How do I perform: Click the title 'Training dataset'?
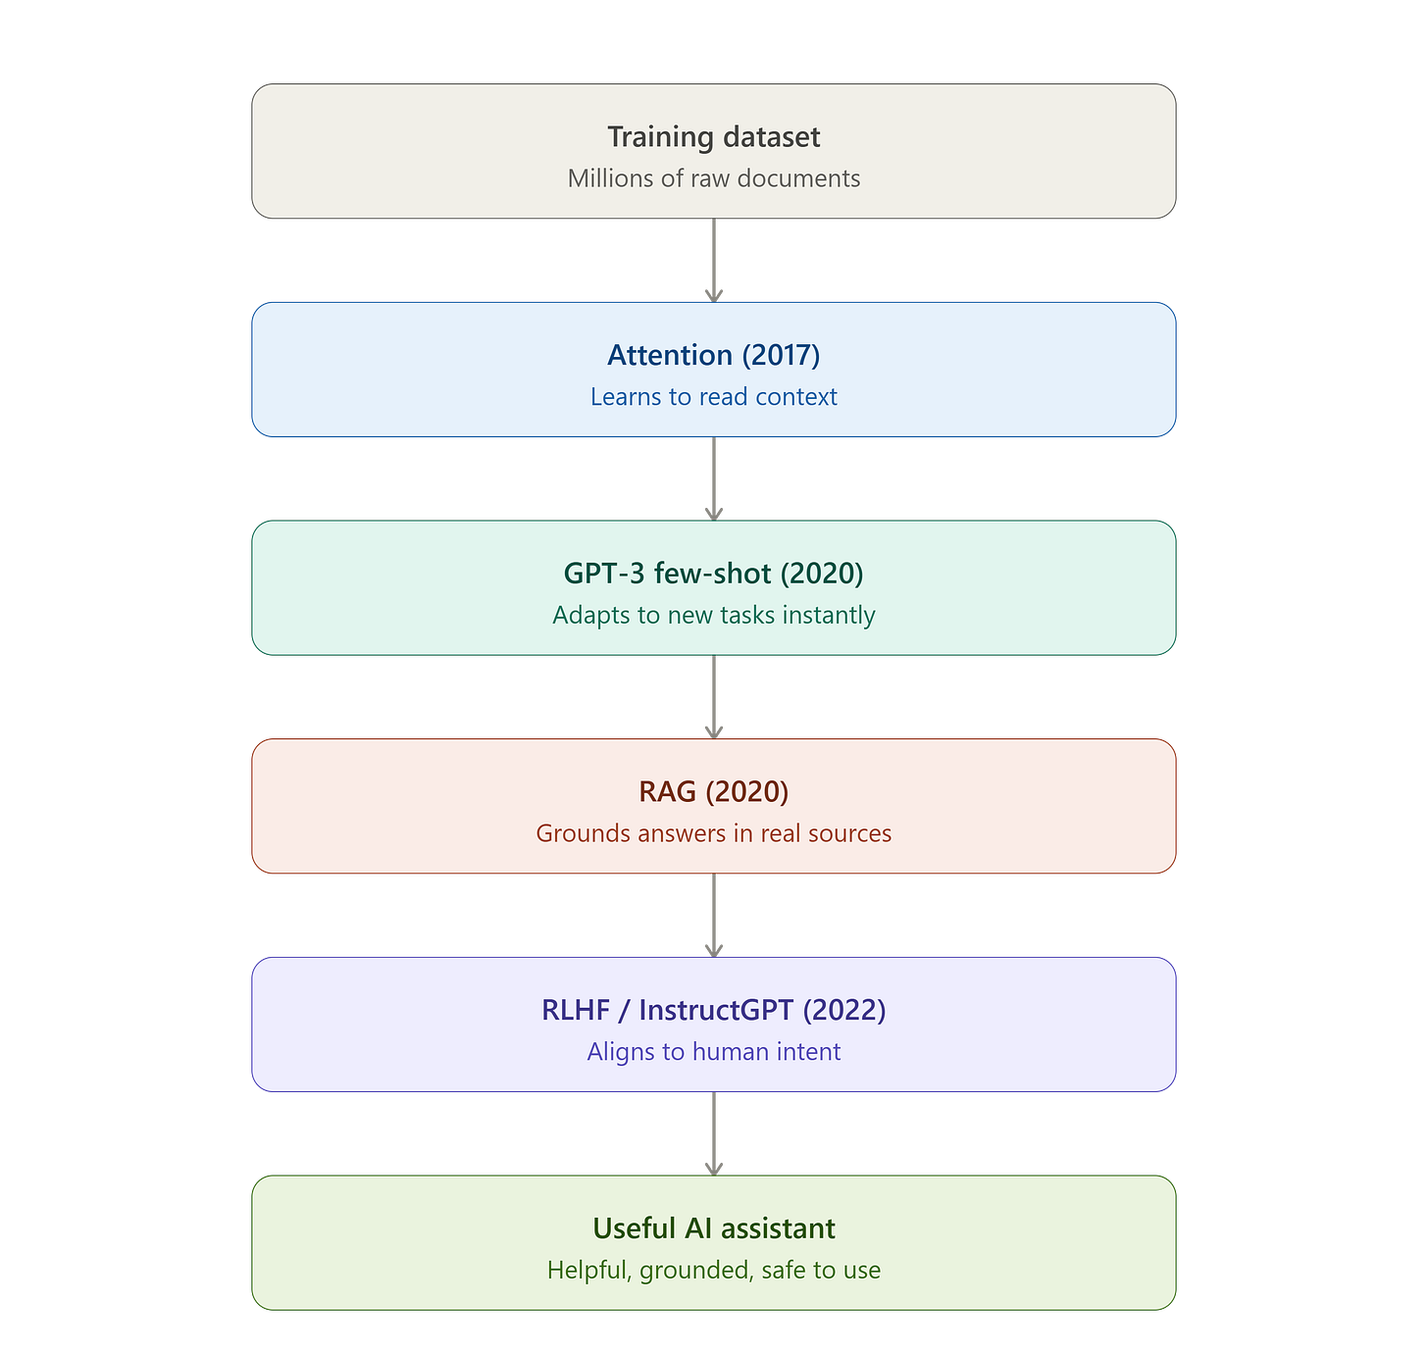(x=713, y=136)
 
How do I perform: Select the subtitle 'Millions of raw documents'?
(x=713, y=177)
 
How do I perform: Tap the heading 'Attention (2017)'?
(x=713, y=355)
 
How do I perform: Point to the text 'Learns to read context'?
(x=713, y=396)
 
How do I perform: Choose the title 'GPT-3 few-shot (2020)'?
(x=713, y=573)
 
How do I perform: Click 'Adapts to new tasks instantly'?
(x=713, y=615)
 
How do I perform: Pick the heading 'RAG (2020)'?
(x=713, y=791)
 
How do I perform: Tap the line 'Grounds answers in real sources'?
(x=713, y=832)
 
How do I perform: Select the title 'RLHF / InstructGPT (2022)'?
(x=713, y=1010)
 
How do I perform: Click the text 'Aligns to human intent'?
(x=713, y=1051)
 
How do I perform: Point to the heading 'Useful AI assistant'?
(x=713, y=1227)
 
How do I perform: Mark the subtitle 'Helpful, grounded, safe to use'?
(x=713, y=1270)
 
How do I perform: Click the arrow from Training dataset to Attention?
(x=713, y=260)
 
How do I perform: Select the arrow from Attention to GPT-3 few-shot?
(x=713, y=478)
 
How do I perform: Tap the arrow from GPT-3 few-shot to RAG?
(x=713, y=697)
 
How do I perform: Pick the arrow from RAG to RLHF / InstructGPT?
(x=713, y=915)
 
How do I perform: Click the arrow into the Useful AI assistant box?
(x=713, y=1133)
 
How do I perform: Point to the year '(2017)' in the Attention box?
(x=781, y=356)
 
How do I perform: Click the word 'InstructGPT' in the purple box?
(x=715, y=1010)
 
